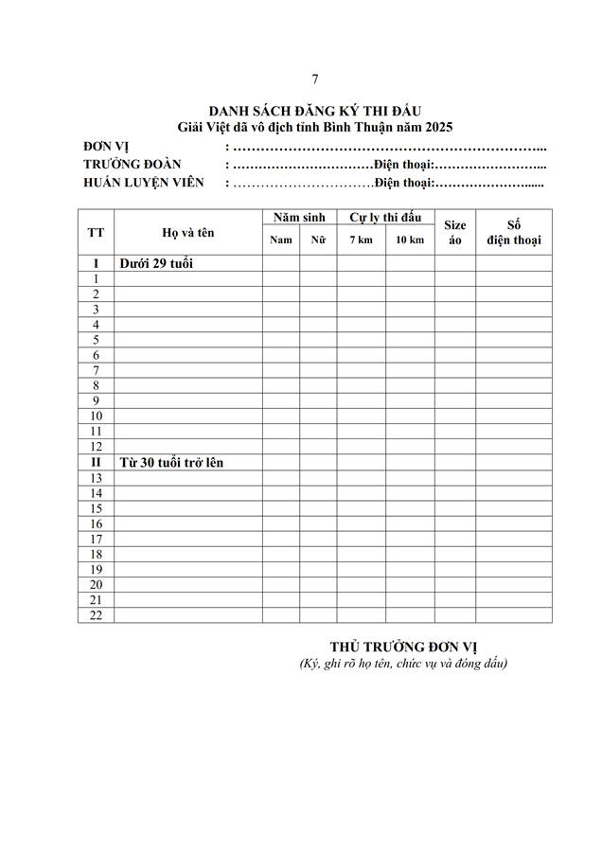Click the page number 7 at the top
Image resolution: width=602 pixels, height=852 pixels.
[x=315, y=78]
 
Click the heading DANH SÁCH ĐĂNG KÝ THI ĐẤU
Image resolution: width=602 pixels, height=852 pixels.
[x=315, y=113]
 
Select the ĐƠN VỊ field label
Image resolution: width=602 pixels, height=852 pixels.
[x=106, y=148]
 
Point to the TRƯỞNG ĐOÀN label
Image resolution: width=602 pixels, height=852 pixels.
[x=132, y=165]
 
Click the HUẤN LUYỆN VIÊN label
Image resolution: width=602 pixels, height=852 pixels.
[x=144, y=182]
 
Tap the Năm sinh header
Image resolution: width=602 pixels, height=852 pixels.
[x=299, y=218]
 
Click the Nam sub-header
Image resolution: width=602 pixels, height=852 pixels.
[x=281, y=240]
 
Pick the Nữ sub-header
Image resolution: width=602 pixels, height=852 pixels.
[x=318, y=240]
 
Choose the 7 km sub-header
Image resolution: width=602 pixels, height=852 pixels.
[x=361, y=240]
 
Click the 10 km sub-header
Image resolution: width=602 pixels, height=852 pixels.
[x=410, y=240]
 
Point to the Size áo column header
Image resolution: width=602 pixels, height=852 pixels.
[x=455, y=233]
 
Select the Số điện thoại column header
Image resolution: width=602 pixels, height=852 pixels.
[x=514, y=232]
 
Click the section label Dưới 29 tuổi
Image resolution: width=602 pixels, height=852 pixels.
[x=156, y=263]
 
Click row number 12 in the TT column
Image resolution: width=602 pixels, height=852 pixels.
[x=96, y=447]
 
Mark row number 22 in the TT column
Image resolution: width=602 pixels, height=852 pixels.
[x=96, y=615]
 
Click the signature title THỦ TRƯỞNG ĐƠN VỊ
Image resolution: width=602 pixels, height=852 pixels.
[x=403, y=647]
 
